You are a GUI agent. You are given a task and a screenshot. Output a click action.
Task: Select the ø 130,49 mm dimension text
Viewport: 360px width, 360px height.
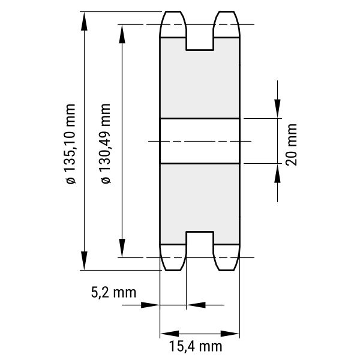pyautogui.click(x=106, y=143)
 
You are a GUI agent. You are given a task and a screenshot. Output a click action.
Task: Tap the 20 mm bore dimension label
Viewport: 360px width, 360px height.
pyautogui.click(x=292, y=145)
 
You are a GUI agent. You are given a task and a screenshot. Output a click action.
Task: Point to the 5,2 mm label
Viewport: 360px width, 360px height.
pyautogui.click(x=113, y=293)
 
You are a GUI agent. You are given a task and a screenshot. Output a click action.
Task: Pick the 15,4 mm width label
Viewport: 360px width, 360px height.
pyautogui.click(x=196, y=346)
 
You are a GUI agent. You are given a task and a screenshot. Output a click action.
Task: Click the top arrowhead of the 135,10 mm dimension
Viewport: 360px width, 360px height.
pyautogui.click(x=84, y=21)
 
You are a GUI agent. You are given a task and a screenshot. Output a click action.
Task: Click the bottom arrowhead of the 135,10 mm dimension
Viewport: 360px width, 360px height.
pyautogui.click(x=84, y=260)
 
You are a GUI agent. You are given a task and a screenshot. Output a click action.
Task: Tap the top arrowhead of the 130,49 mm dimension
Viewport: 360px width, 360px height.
pyautogui.click(x=122, y=34)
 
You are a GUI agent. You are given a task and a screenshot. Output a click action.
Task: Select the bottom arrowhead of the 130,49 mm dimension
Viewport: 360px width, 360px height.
pyautogui.click(x=122, y=248)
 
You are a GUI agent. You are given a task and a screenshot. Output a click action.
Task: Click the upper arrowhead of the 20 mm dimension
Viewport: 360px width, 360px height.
pyautogui.click(x=277, y=109)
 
